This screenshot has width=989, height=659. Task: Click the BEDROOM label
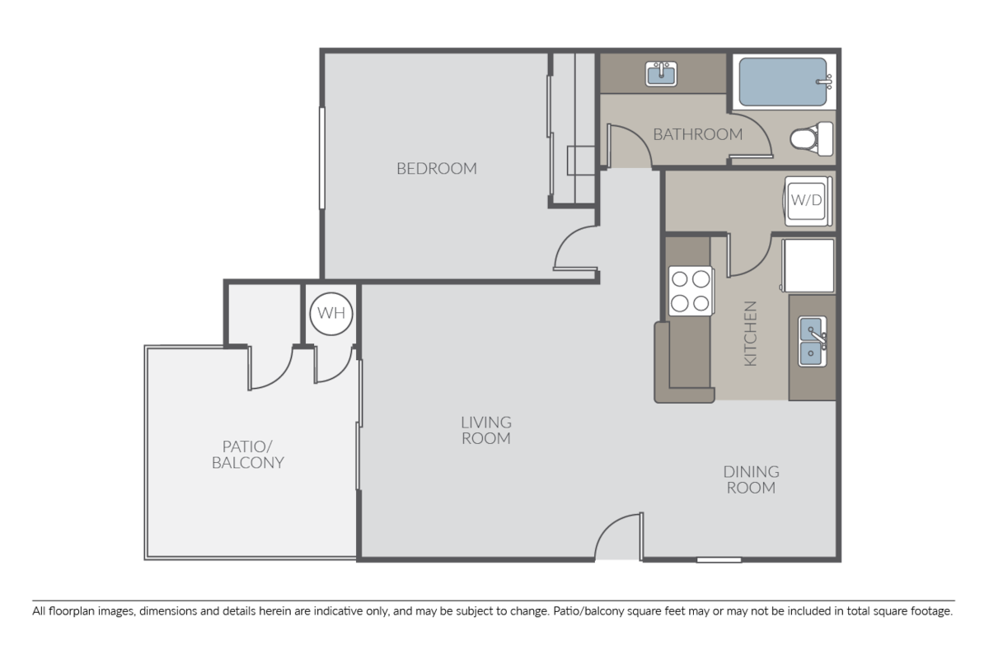436,169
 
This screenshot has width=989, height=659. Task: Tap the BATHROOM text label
697,134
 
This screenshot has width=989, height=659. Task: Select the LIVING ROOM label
485,430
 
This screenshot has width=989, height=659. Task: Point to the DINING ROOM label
750,479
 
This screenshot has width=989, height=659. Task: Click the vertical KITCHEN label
750,334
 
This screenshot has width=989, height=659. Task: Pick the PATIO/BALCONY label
247,454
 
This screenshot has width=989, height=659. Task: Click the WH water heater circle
330,314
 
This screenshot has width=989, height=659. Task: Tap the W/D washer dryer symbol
807,200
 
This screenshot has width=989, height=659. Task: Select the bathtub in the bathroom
783,82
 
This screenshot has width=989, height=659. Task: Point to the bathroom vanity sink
661,75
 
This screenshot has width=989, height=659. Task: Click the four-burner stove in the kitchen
690,292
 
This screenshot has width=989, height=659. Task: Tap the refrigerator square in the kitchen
808,264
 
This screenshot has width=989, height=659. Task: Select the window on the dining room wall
719,560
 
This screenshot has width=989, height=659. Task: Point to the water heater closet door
334,367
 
